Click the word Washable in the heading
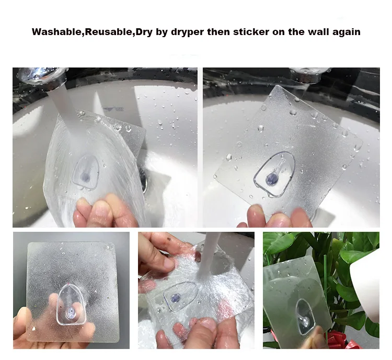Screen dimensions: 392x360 click(57, 32)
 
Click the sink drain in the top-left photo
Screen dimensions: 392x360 click(144, 178)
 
